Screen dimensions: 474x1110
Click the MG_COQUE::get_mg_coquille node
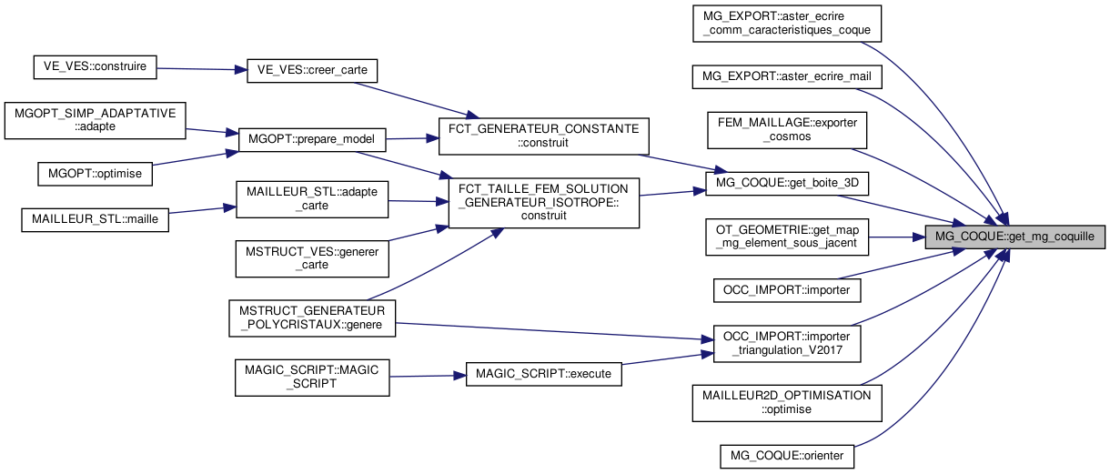coord(1014,237)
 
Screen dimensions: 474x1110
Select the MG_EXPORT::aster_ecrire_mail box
coord(787,77)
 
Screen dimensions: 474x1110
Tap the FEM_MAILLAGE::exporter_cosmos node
coord(788,129)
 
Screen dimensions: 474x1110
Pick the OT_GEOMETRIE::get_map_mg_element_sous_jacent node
coord(788,237)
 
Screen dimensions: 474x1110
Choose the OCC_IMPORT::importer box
coord(787,290)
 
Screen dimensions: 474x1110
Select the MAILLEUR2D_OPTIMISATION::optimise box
coord(787,402)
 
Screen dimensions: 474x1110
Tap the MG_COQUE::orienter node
coord(787,455)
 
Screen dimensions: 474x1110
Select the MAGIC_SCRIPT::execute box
coord(544,374)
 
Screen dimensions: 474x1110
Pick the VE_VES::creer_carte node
coord(312,70)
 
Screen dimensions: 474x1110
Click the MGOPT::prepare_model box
coord(312,140)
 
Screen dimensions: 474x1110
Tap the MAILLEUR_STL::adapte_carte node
coord(312,199)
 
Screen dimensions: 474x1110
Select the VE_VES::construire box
coord(95,66)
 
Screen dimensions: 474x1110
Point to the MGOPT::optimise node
coord(95,172)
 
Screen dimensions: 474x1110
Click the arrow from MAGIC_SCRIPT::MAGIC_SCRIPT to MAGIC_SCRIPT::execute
coord(428,376)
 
